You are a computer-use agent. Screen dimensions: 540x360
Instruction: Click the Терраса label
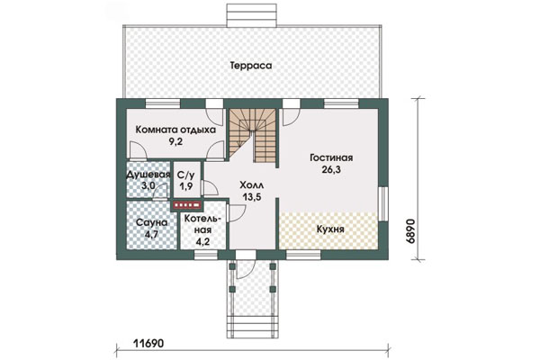tap(251, 66)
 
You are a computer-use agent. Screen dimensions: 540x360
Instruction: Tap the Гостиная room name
tap(331, 157)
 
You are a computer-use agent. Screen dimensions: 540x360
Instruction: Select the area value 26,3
tap(331, 169)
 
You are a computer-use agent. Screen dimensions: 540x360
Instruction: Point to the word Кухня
tap(330, 229)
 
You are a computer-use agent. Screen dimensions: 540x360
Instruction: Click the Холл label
tap(252, 185)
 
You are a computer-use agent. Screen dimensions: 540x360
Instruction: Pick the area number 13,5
tap(251, 197)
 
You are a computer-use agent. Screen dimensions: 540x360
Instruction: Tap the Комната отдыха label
tap(175, 130)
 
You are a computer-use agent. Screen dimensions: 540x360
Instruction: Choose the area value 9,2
tap(175, 141)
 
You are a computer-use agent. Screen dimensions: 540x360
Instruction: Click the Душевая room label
tap(148, 175)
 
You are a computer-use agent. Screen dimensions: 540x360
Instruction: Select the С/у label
tap(185, 175)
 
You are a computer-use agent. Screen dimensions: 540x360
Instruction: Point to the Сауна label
tap(151, 223)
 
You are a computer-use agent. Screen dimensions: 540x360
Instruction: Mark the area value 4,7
tap(151, 235)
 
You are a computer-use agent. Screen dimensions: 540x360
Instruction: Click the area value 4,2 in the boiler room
tap(202, 241)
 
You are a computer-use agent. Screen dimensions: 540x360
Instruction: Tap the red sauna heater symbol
tap(187, 205)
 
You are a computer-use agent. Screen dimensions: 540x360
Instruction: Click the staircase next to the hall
tap(253, 135)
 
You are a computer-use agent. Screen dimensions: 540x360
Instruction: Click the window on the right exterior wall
tap(382, 204)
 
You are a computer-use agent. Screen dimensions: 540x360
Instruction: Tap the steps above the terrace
tap(252, 15)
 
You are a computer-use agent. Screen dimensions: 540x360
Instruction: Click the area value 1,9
tap(185, 186)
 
